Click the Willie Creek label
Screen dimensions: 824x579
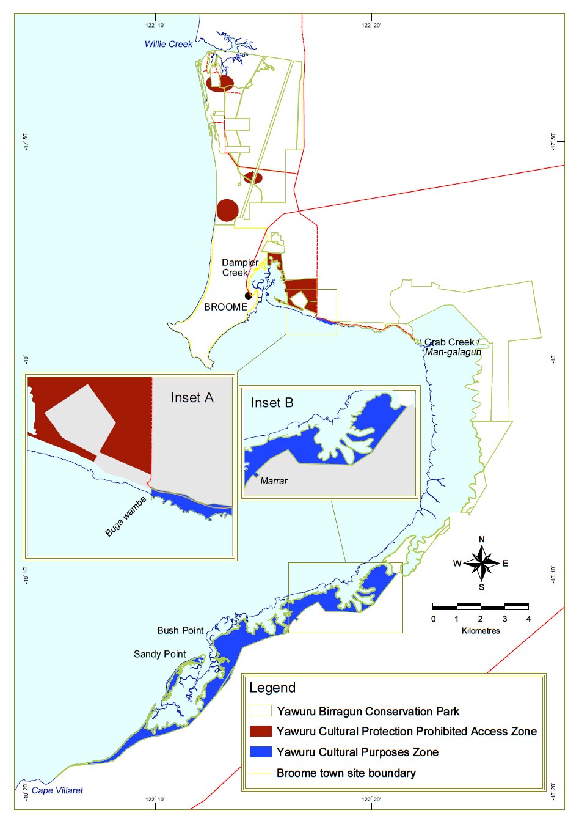point(168,44)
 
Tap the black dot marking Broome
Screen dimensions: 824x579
point(248,296)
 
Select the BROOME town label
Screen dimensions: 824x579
point(225,307)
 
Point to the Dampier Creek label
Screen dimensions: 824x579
point(239,268)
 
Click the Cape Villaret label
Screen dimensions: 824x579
point(57,790)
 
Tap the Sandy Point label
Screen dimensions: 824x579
point(159,654)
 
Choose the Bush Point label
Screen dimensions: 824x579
point(180,630)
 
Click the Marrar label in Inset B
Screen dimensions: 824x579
point(274,481)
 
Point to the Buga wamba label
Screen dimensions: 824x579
point(125,517)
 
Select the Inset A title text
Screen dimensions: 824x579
point(192,398)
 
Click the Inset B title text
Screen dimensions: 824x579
point(272,403)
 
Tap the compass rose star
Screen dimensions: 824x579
point(482,563)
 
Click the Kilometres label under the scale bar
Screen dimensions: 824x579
point(481,630)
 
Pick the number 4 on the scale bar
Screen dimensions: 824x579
point(528,619)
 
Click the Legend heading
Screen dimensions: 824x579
point(272,688)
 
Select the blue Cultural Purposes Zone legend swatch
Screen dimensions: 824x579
point(261,752)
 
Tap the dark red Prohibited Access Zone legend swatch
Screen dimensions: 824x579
point(261,731)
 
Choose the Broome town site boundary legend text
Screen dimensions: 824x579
point(346,773)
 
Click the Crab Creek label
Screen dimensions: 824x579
point(452,342)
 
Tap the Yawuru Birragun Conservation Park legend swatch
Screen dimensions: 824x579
point(261,711)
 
